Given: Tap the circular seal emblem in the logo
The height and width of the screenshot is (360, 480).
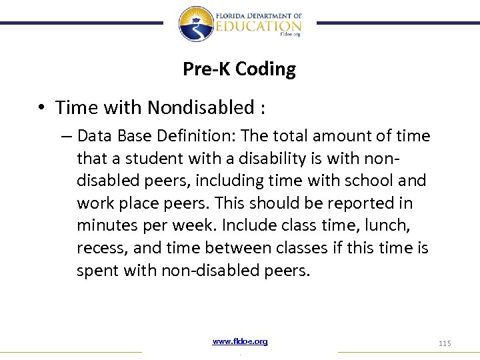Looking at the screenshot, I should click(x=196, y=23).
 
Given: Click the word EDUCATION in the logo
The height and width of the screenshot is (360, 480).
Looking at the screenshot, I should click(x=258, y=25).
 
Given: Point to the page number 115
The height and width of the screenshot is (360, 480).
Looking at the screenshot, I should click(x=445, y=343).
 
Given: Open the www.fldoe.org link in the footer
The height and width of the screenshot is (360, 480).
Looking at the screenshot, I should click(x=240, y=341).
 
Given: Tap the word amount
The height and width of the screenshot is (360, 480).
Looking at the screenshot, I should click(x=350, y=136).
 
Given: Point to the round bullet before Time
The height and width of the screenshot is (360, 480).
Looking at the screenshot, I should click(x=41, y=108).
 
